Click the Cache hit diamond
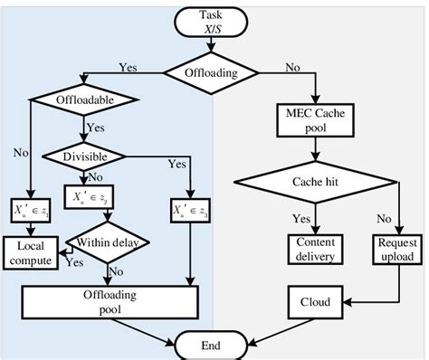316,181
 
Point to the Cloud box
316,302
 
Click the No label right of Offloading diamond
292,66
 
